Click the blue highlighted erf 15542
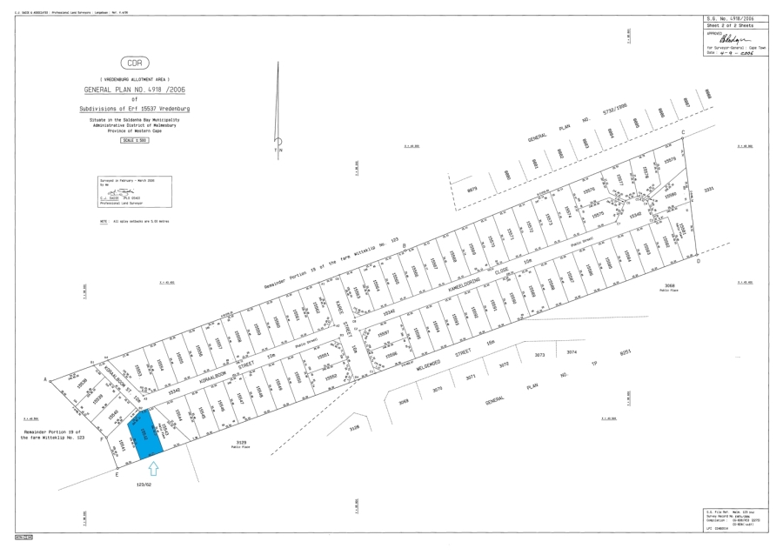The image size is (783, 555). pos(145,438)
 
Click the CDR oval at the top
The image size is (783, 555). pos(133,64)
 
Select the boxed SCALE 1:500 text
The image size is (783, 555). pos(133,139)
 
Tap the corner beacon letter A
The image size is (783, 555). pos(44,379)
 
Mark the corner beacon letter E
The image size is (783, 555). pos(116,475)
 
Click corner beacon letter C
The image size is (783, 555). pos(683,131)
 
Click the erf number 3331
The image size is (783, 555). pos(708,188)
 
